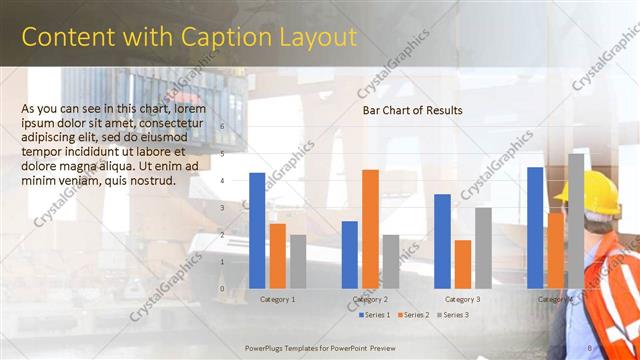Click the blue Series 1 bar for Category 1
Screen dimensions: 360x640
point(257,230)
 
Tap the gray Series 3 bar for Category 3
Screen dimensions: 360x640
point(483,247)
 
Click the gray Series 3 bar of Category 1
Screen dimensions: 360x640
point(297,261)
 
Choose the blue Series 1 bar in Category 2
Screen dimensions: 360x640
point(350,254)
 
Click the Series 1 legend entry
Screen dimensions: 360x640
point(376,315)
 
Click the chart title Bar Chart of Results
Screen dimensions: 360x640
point(412,110)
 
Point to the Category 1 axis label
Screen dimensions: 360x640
point(277,299)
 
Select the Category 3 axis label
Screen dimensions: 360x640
point(462,299)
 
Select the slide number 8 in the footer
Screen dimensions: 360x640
point(590,347)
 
